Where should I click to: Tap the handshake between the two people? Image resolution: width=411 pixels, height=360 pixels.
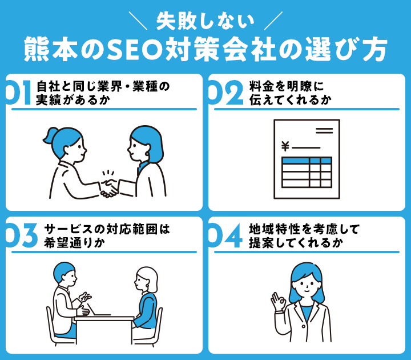(x=109, y=187)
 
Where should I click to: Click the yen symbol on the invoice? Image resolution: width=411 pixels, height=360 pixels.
(x=285, y=147)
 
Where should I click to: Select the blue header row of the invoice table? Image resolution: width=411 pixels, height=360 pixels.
(x=306, y=161)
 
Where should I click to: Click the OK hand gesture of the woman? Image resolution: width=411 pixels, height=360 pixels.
(x=279, y=301)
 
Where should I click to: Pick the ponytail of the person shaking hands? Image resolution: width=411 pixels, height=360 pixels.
(x=48, y=135)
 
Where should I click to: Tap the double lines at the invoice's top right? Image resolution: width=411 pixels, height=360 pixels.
(x=324, y=131)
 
